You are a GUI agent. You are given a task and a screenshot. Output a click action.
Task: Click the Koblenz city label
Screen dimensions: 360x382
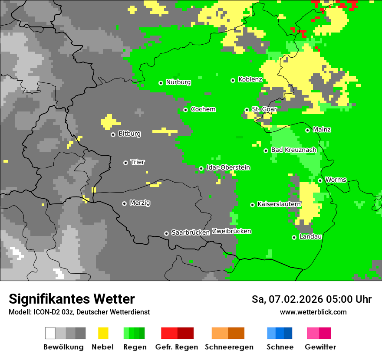tap(250, 80)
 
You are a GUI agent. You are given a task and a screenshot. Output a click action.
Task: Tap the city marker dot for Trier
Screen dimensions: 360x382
tap(126, 163)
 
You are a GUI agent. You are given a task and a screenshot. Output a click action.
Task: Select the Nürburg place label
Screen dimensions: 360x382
tap(178, 82)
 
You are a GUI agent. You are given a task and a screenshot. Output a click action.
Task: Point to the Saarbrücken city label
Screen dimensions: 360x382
tap(191, 232)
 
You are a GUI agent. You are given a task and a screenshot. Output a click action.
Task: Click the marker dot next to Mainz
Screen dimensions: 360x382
tap(307, 130)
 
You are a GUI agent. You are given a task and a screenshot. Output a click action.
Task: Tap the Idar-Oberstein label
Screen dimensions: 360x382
tap(228, 168)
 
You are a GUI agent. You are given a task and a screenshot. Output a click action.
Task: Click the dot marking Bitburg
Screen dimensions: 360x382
tap(113, 134)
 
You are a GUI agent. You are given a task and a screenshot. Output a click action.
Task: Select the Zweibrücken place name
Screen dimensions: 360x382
tap(231, 231)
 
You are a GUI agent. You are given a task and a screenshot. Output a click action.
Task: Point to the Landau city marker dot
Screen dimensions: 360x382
tap(294, 237)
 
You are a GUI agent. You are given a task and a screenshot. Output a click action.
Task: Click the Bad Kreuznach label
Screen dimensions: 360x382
tap(293, 150)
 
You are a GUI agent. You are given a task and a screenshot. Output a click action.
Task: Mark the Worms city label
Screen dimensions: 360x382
tap(336, 180)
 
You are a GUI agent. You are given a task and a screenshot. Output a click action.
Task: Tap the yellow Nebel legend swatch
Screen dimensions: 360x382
tap(103, 333)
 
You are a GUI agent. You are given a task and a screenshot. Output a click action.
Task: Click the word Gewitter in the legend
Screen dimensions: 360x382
tap(320, 347)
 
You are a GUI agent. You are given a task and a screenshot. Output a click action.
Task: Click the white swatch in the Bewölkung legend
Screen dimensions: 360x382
tap(50, 333)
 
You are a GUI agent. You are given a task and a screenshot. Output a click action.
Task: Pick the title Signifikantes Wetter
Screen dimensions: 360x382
tap(72, 299)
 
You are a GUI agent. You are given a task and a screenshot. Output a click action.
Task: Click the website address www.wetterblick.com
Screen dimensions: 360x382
tap(313, 312)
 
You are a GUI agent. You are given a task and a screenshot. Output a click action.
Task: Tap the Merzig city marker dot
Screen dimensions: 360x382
tap(125, 203)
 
